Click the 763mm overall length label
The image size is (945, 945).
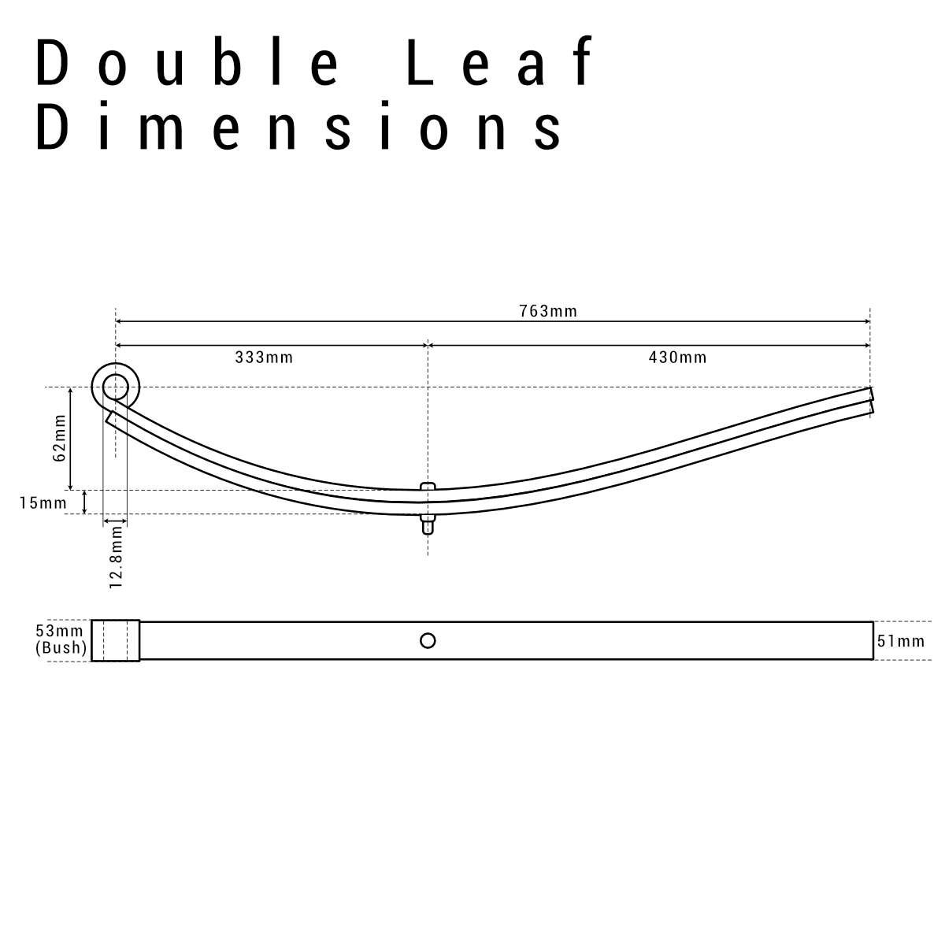coord(548,311)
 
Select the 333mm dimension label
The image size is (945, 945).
coord(264,358)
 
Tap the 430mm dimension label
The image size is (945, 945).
coord(677,358)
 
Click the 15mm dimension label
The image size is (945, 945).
coord(43,502)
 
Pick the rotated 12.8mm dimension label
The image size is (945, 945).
coord(117,558)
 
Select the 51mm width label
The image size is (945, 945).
coord(901,641)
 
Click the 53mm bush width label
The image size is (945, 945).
coord(59,632)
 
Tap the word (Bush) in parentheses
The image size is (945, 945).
coord(61,648)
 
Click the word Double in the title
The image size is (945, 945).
coord(189,63)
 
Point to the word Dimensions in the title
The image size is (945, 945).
coord(299,128)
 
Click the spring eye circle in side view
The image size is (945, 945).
coord(116,387)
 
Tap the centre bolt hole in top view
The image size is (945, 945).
coord(428,640)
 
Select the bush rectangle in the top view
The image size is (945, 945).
coord(116,640)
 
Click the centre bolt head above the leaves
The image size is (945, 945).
coord(428,486)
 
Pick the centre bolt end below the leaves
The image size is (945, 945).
coord(428,524)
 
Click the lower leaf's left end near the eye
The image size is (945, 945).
coord(112,417)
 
